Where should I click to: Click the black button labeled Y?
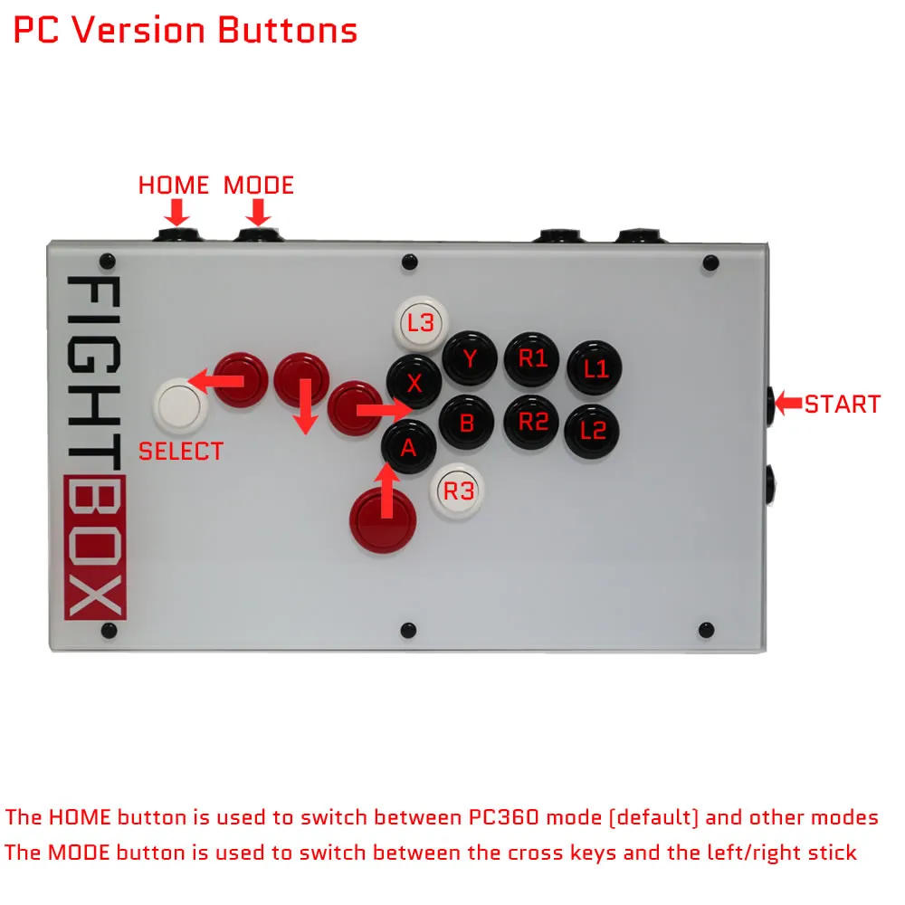point(470,358)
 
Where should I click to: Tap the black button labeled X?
point(414,383)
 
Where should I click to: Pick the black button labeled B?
point(467,423)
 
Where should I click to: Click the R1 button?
point(532,358)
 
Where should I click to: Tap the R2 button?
point(532,422)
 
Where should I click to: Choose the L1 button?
point(595,368)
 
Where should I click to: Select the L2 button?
point(593,431)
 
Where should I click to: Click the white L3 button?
point(421,322)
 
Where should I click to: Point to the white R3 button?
point(458,491)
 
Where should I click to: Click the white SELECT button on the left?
point(180,405)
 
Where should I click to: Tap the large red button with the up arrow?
point(385,520)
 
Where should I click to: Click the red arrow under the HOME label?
point(177,213)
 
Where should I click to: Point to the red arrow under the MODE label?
point(259,213)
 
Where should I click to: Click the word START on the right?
point(842,404)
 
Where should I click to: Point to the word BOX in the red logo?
point(96,547)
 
